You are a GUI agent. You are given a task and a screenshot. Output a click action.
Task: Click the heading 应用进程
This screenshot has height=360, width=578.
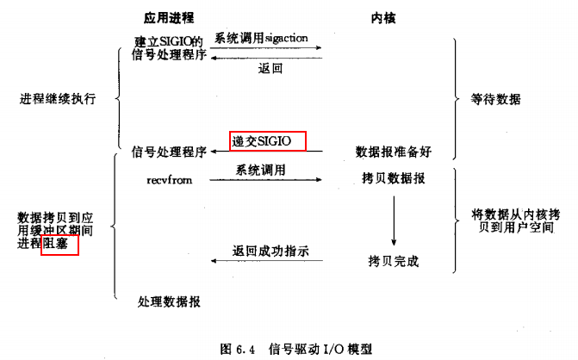169,17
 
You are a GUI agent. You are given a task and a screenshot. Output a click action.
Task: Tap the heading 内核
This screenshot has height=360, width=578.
383,18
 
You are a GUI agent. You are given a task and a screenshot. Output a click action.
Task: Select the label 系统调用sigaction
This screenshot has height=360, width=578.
261,38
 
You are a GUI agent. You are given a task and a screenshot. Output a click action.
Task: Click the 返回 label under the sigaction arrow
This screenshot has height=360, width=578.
270,68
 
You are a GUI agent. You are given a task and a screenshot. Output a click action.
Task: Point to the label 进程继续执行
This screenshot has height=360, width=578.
58,99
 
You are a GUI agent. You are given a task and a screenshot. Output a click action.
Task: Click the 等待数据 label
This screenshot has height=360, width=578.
495,99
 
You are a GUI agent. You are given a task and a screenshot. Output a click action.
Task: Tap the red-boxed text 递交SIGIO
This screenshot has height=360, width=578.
261,141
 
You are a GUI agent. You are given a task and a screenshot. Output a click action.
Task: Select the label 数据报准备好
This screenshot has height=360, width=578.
394,152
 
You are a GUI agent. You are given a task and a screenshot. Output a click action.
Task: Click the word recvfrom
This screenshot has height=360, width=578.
169,180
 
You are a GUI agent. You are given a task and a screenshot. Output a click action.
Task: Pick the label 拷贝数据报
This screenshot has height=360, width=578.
394,178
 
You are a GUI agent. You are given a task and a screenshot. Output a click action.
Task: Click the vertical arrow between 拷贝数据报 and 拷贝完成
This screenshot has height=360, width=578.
394,220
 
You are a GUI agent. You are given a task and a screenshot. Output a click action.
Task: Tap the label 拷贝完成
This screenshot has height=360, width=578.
394,261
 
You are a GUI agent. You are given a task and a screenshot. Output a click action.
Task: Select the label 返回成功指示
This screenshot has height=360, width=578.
270,251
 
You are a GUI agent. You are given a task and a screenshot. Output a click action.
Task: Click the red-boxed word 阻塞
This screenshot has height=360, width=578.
55,243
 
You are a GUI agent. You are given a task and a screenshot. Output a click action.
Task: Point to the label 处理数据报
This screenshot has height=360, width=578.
169,301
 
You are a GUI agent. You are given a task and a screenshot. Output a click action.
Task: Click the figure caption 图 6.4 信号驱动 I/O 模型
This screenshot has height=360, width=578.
296,349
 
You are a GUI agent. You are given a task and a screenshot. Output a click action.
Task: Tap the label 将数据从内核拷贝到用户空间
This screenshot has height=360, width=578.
516,220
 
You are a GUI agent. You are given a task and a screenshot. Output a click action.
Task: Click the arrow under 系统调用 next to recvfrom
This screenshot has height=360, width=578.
266,180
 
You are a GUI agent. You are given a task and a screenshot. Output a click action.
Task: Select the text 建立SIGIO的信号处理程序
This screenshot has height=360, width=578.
169,48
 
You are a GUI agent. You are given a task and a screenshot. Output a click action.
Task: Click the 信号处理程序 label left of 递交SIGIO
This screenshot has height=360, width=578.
169,152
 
